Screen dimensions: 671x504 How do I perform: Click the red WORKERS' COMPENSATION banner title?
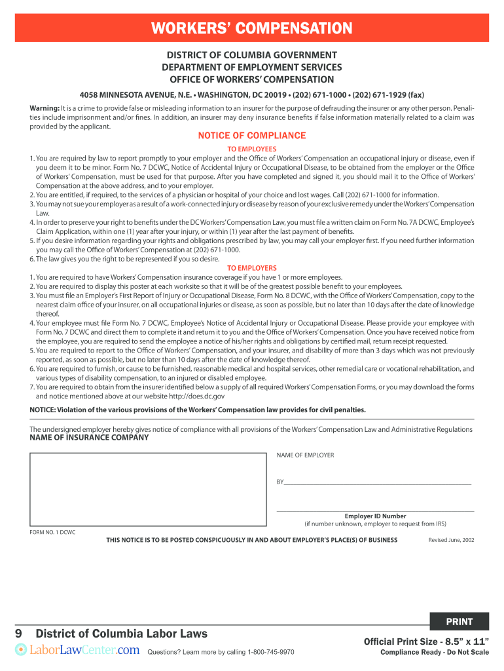click(252, 29)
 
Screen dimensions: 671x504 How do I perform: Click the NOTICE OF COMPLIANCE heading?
click(252, 136)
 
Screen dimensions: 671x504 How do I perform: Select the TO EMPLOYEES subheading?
click(252, 149)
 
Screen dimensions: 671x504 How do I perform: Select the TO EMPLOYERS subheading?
click(252, 268)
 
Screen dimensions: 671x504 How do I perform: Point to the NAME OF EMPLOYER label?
click(305, 455)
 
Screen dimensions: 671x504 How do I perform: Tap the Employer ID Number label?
click(375, 516)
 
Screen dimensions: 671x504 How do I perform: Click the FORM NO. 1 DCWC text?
click(52, 532)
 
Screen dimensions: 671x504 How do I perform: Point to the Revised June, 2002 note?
click(451, 540)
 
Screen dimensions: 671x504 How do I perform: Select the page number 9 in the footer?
click(20, 634)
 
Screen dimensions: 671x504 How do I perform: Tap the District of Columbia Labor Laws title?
click(122, 634)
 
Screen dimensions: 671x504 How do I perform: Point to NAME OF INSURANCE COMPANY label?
click(89, 438)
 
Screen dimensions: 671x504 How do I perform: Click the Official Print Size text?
click(426, 641)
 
